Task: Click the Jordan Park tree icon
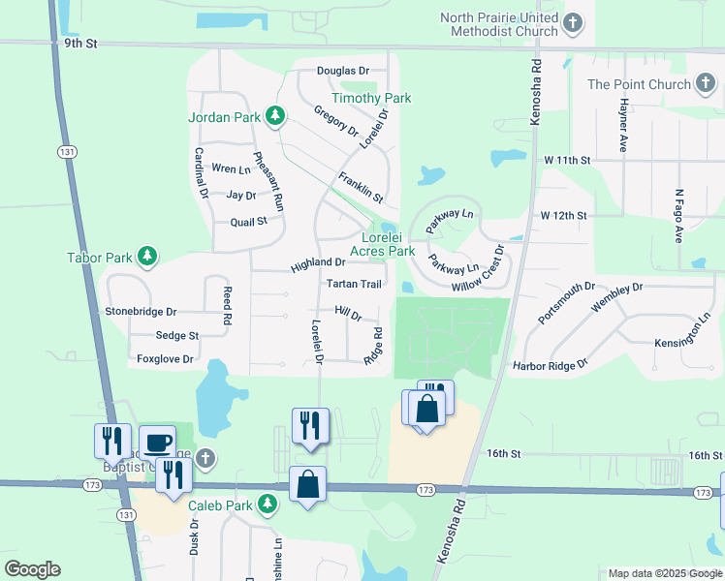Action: [x=276, y=117]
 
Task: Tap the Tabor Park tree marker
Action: [x=146, y=257]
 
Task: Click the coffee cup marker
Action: [x=157, y=443]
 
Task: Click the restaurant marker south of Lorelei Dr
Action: [x=310, y=426]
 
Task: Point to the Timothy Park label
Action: [x=371, y=98]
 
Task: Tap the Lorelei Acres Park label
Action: [x=388, y=244]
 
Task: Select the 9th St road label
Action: [x=82, y=43]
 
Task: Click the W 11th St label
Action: [x=566, y=159]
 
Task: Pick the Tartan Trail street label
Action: [x=354, y=284]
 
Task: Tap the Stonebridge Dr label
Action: [x=141, y=312]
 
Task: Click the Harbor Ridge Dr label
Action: [x=550, y=365]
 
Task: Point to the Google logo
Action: [x=32, y=569]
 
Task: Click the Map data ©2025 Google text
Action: [x=664, y=573]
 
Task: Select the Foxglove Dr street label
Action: [x=165, y=358]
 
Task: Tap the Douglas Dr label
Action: [x=343, y=71]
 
